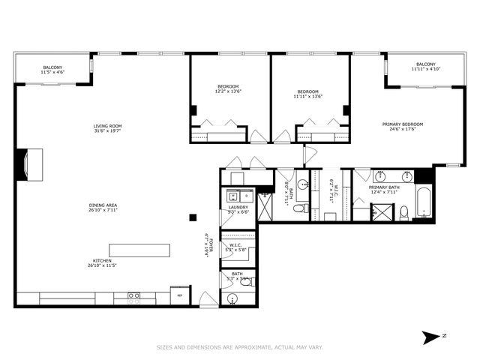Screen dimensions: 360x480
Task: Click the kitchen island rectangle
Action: pyautogui.click(x=139, y=250)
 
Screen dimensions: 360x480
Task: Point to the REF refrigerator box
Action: pyautogui.click(x=179, y=295)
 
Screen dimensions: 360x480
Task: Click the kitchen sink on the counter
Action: pyautogui.click(x=133, y=297)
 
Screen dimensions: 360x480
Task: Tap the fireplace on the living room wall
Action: pyautogui.click(x=31, y=166)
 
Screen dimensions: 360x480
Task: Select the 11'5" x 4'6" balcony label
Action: pyautogui.click(x=52, y=70)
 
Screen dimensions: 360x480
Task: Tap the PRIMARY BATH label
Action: pyautogui.click(x=384, y=190)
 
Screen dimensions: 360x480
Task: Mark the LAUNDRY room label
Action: pyautogui.click(x=238, y=209)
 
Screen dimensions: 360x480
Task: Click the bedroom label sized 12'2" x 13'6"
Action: pyautogui.click(x=228, y=88)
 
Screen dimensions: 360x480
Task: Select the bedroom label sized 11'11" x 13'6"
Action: pyautogui.click(x=307, y=94)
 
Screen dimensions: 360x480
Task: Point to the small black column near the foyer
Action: pyautogui.click(x=193, y=217)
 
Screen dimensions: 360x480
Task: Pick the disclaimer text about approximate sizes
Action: pyautogui.click(x=239, y=347)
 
